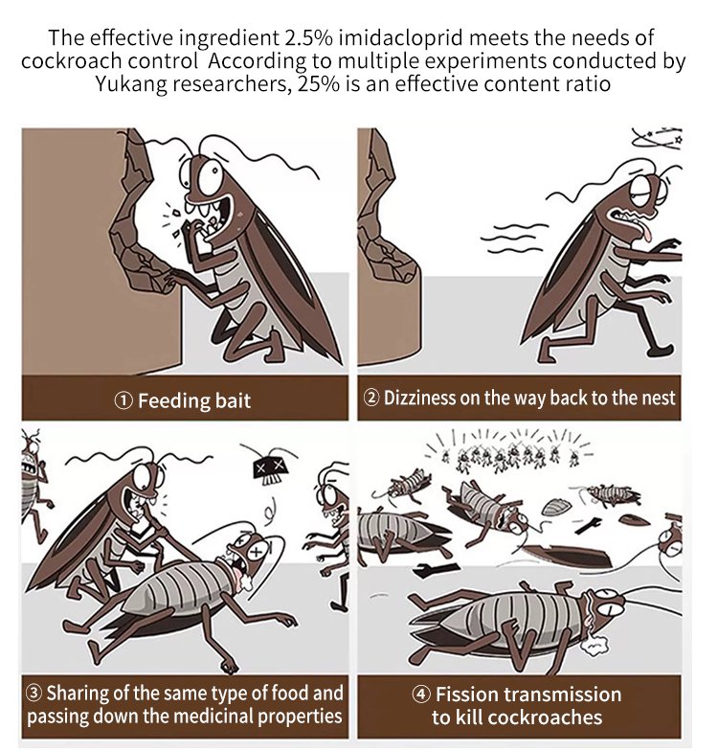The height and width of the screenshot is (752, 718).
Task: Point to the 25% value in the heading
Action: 318,84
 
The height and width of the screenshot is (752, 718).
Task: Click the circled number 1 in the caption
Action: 123,401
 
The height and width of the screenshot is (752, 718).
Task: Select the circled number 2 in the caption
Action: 372,398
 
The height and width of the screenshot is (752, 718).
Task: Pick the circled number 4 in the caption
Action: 421,695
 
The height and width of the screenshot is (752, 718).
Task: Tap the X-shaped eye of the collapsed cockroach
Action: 257,552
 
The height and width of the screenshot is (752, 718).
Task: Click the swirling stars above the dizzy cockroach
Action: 658,137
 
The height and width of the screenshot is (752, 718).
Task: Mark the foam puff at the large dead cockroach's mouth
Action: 595,646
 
